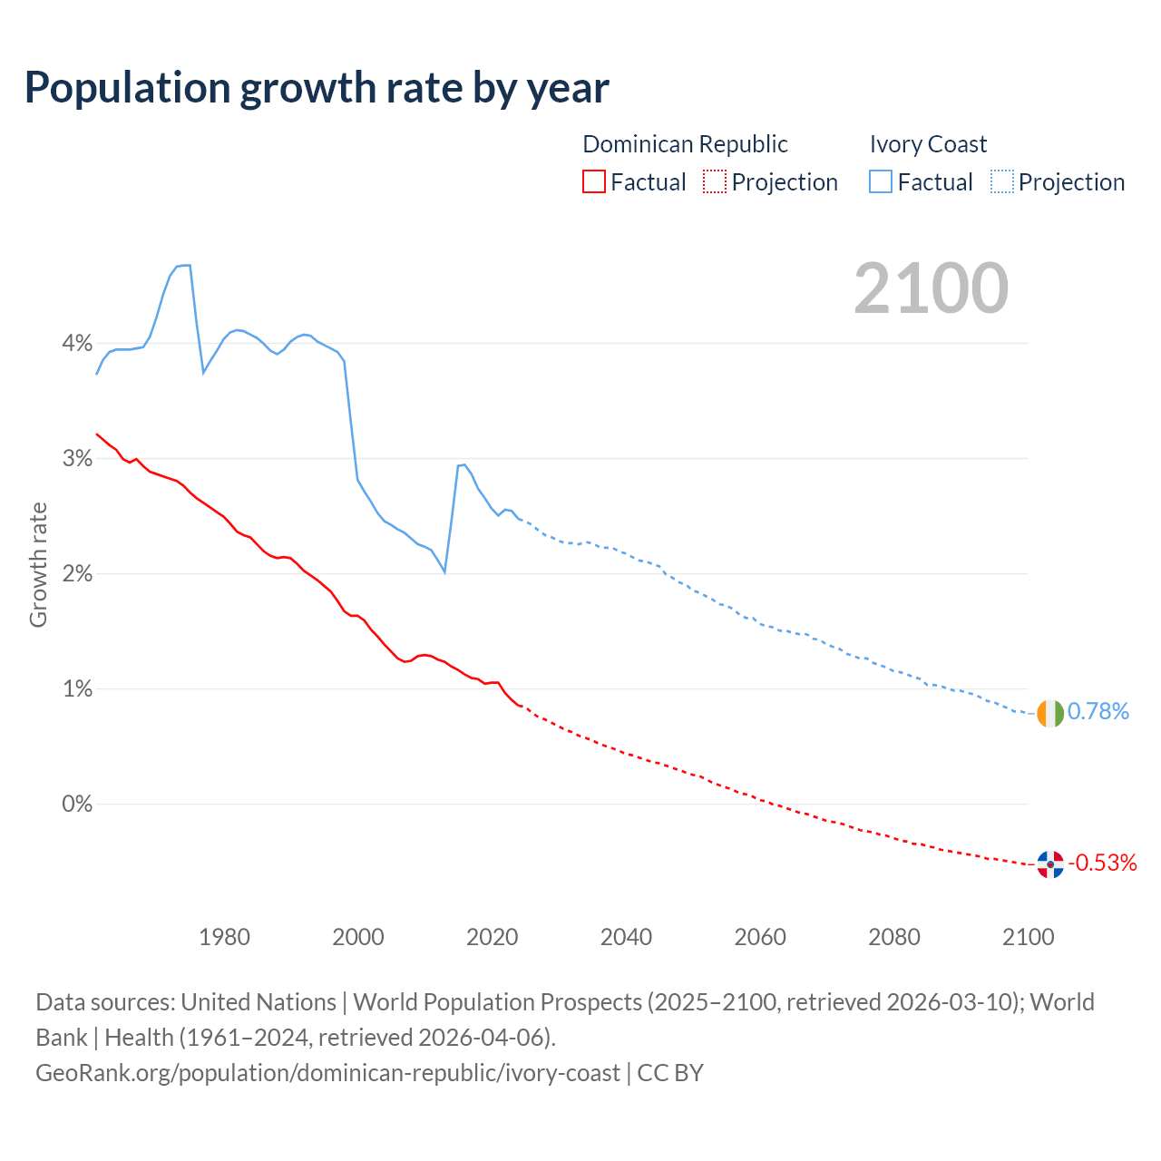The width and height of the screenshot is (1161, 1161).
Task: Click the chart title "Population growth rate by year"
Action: coord(317,87)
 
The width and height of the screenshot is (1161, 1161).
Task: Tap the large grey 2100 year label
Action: coord(931,288)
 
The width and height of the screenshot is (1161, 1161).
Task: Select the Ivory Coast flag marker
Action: coord(1050,713)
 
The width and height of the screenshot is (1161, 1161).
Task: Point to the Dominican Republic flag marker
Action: coord(1050,864)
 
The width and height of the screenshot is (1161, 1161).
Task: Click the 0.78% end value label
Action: coord(1098,712)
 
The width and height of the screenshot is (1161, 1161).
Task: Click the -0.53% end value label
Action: coord(1103,863)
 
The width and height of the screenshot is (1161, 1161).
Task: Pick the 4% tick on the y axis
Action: coord(77,344)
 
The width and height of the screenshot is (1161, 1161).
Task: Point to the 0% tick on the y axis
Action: coord(77,805)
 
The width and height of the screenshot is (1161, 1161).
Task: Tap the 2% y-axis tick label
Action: coord(77,574)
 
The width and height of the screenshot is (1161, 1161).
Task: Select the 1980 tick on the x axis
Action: coord(224,937)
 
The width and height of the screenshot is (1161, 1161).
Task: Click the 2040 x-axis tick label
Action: coord(626,937)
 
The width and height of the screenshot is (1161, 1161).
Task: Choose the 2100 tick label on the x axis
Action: coord(1028,937)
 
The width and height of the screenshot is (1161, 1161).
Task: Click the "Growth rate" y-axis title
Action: coord(38,564)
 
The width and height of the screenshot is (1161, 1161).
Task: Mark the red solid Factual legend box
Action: coord(594,182)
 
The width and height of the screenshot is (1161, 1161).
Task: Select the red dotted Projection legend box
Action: coord(715,182)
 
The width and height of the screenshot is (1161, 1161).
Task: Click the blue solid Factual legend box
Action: coord(881,182)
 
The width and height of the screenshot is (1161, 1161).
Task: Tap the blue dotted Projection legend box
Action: coord(1002,182)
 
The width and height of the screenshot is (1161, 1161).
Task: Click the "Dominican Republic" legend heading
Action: coord(685,144)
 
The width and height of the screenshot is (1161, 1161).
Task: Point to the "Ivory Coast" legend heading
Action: coord(928,144)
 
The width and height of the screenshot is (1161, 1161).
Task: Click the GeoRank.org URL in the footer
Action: coord(327,1073)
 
